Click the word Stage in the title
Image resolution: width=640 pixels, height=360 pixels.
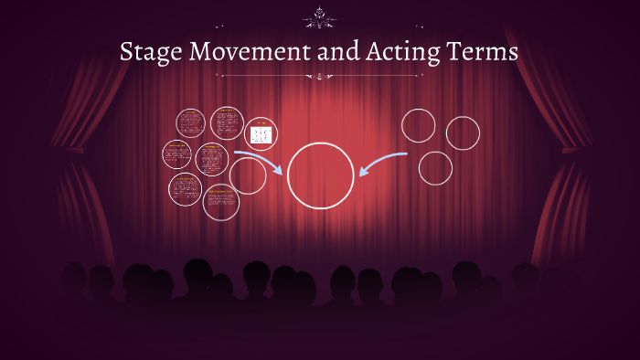[150, 52]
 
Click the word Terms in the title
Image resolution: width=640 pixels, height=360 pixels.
[484, 52]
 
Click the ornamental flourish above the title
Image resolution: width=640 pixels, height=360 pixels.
[320, 16]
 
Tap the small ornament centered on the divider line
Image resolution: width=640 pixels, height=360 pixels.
[320, 78]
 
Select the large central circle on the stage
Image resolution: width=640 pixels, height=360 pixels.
[320, 175]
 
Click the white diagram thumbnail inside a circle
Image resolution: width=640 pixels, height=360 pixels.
[261, 134]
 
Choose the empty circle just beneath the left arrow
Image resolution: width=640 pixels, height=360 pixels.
[248, 175]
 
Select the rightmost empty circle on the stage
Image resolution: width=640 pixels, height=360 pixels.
[463, 132]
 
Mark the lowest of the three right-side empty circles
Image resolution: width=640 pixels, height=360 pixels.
[435, 167]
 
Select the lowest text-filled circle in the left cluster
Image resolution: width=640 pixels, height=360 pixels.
[221, 202]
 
